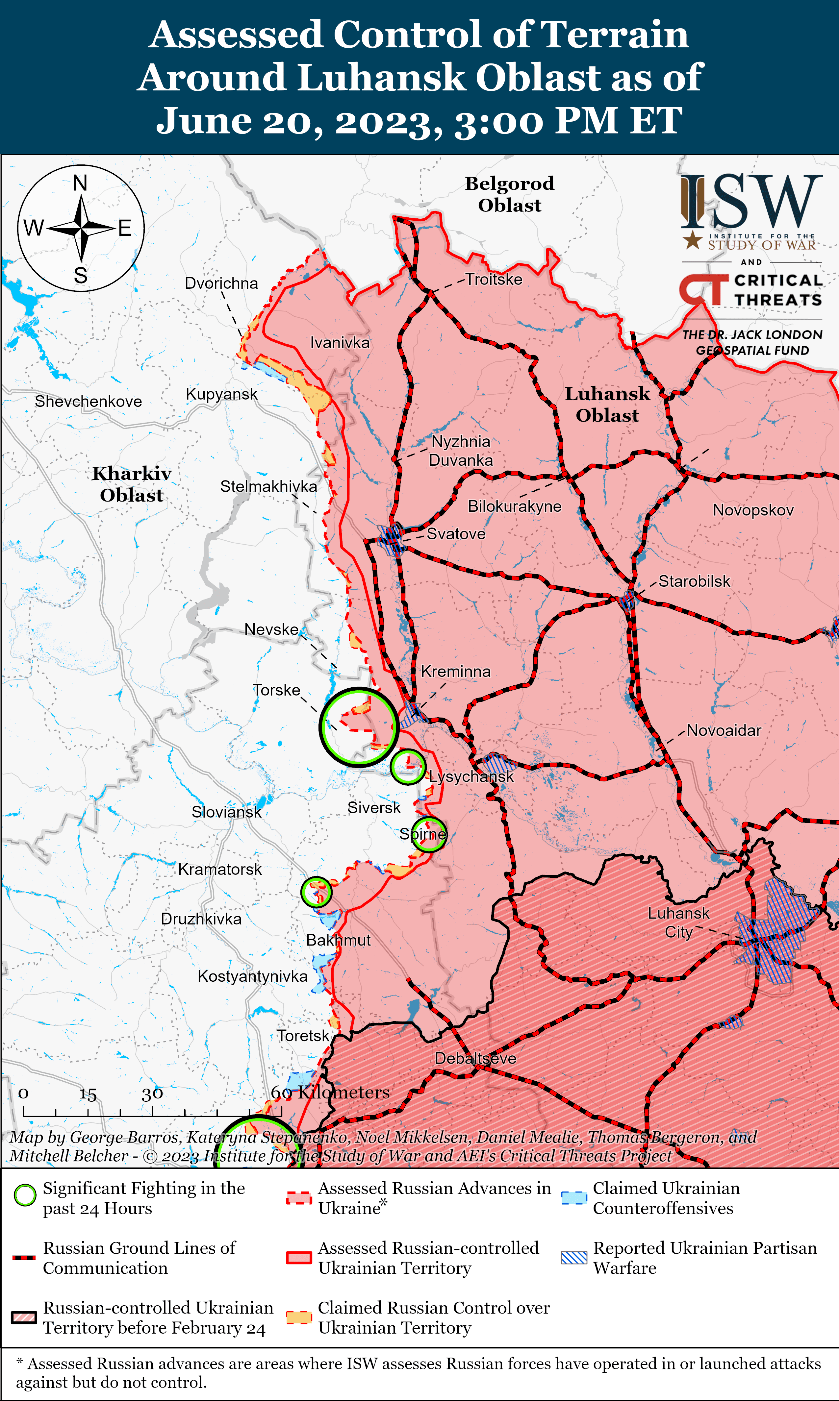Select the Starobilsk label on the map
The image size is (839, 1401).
(x=694, y=581)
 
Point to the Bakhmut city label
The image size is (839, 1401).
(x=338, y=940)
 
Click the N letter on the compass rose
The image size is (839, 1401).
(x=80, y=183)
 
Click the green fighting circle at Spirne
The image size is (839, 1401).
(x=428, y=834)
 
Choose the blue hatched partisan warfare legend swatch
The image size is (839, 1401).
(x=574, y=1258)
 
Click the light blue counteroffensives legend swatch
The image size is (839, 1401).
(x=574, y=1197)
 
